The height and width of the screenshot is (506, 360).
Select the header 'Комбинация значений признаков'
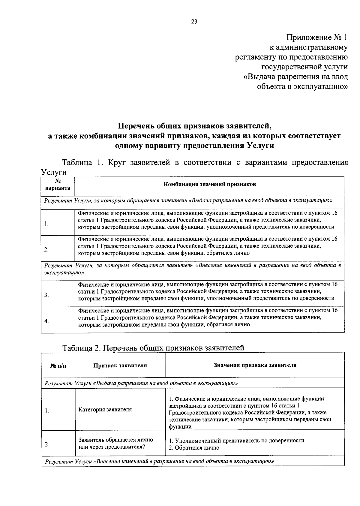[209, 184]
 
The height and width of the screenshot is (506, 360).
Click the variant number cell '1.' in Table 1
[46, 224]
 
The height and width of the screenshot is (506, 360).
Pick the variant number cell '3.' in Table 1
[46, 295]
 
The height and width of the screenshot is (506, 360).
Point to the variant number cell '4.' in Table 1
[46, 321]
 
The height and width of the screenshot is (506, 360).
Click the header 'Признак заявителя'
[120, 365]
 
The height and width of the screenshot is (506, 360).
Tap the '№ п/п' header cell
[58, 366]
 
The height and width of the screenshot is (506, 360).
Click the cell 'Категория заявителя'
[105, 409]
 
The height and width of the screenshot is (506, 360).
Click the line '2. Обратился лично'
[194, 447]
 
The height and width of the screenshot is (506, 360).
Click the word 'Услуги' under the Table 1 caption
[53, 173]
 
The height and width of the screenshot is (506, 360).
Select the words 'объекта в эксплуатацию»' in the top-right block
[302, 87]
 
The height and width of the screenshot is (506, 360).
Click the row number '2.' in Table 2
[47, 444]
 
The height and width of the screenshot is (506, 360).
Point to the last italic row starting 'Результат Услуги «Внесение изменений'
[159, 461]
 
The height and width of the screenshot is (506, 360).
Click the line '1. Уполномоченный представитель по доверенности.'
[237, 441]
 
